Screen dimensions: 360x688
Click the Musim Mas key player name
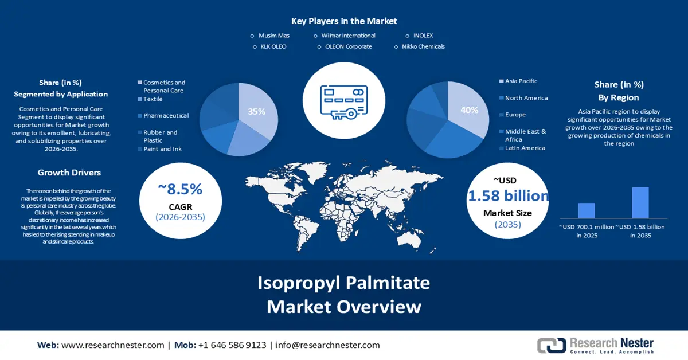pos(274,36)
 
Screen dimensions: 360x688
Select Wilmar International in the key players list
pos(348,36)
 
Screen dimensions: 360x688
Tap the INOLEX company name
pos(423,36)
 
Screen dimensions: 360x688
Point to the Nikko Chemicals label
pos(423,46)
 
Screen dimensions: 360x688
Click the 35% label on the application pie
pos(257,112)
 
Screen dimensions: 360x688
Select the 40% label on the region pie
pos(470,110)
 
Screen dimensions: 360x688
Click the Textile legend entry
pos(153,99)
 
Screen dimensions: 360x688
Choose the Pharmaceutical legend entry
pos(166,115)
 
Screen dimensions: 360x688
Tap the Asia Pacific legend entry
pos(521,81)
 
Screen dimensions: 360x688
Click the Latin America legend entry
pos(525,148)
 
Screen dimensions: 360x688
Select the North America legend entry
pos(526,98)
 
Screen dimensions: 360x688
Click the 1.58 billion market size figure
pos(508,196)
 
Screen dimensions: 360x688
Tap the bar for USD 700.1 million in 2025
pos(587,210)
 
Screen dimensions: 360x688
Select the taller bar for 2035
pos(640,202)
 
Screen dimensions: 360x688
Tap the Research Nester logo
pos(595,345)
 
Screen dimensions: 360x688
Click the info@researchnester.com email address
pos(327,345)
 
